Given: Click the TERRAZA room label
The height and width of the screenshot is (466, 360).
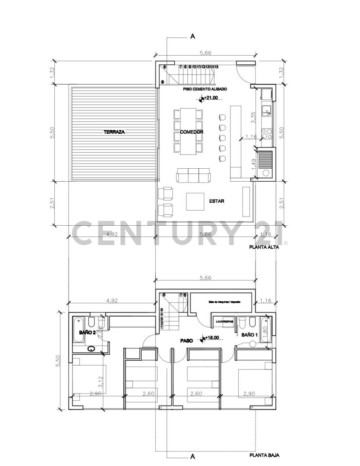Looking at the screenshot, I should (114, 132).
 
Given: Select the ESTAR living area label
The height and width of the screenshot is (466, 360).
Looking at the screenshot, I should (216, 201).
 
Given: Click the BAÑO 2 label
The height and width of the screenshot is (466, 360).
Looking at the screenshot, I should (87, 333).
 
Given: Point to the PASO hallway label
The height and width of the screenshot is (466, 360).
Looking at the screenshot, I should (186, 340).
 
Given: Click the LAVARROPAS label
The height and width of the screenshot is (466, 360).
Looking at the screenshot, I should (223, 322).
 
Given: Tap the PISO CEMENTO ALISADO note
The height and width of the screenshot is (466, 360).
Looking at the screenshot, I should (205, 89).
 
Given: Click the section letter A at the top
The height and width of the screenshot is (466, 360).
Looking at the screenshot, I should (193, 37).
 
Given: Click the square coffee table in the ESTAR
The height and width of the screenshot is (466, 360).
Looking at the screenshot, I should (195, 202).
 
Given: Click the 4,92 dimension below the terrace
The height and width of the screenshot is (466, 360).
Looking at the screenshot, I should (112, 235).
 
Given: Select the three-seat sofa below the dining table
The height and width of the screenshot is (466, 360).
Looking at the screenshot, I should (193, 176).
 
